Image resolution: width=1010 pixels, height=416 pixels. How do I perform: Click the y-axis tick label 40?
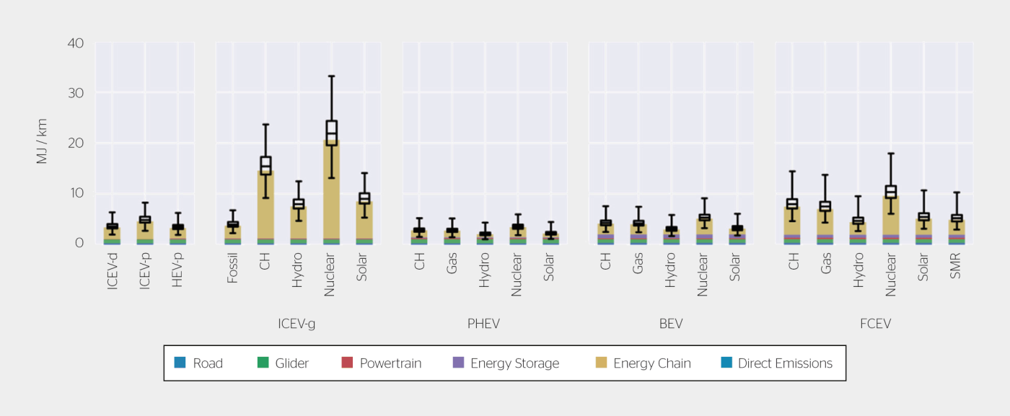point(76,43)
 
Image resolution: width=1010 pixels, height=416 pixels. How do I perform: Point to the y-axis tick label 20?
point(76,143)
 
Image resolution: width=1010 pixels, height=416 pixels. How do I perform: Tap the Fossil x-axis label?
point(232,267)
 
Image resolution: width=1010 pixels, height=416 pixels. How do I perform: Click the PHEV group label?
point(483,324)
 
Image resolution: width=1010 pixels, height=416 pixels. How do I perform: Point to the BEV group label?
point(670,324)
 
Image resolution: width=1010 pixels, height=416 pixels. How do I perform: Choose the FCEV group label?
point(875,324)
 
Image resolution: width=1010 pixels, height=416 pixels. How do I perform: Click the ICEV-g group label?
point(297,324)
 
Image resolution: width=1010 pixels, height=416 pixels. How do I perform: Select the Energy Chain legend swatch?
point(600,363)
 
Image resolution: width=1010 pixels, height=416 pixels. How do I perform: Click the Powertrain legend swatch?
point(347,363)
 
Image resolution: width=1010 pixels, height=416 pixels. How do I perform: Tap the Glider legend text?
point(291,363)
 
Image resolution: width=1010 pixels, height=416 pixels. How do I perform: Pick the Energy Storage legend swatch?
point(457,363)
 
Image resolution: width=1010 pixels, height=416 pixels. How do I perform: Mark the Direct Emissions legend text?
point(785,363)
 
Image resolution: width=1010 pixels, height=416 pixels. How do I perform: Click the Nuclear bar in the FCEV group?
point(891,216)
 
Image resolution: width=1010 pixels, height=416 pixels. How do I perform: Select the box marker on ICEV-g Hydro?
point(298,204)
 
